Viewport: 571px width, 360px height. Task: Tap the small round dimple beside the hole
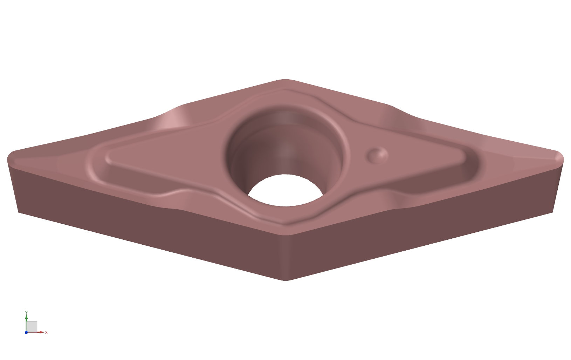(377, 155)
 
